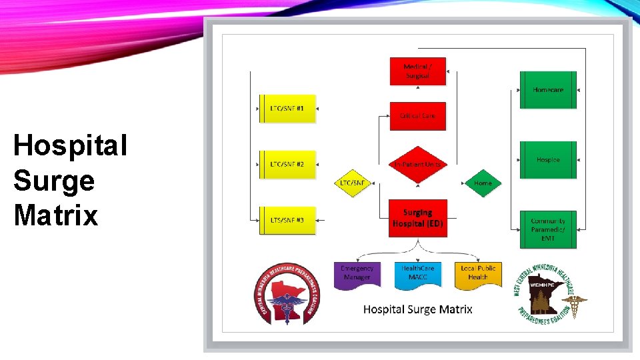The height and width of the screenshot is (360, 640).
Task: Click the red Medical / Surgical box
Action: [x=417, y=71]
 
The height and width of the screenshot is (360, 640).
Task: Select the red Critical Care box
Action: [x=417, y=116]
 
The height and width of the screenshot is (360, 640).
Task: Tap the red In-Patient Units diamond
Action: [x=417, y=164]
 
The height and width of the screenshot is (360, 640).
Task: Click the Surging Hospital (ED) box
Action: [x=418, y=218]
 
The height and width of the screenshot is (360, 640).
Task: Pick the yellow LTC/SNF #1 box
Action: [x=287, y=108]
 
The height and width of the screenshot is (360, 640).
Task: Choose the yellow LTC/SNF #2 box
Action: [x=287, y=163]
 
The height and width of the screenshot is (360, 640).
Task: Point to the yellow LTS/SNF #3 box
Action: [x=287, y=219]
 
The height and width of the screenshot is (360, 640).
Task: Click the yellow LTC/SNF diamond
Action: [x=352, y=183]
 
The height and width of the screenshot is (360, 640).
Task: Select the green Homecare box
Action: [x=548, y=90]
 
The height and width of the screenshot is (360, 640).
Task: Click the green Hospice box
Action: [x=548, y=160]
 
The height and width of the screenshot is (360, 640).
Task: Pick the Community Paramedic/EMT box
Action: [x=548, y=229]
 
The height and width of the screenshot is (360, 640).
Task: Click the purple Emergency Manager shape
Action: [x=357, y=273]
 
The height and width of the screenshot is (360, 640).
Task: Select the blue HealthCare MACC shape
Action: [x=418, y=273]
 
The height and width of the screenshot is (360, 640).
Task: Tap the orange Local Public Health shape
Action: [x=478, y=273]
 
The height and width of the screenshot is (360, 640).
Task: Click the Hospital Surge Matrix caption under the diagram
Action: [x=418, y=309]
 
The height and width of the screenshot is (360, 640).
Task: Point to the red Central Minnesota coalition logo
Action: [x=287, y=294]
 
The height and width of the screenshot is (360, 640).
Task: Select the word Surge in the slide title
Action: [x=54, y=181]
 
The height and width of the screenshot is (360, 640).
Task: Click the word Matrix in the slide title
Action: [x=55, y=215]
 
